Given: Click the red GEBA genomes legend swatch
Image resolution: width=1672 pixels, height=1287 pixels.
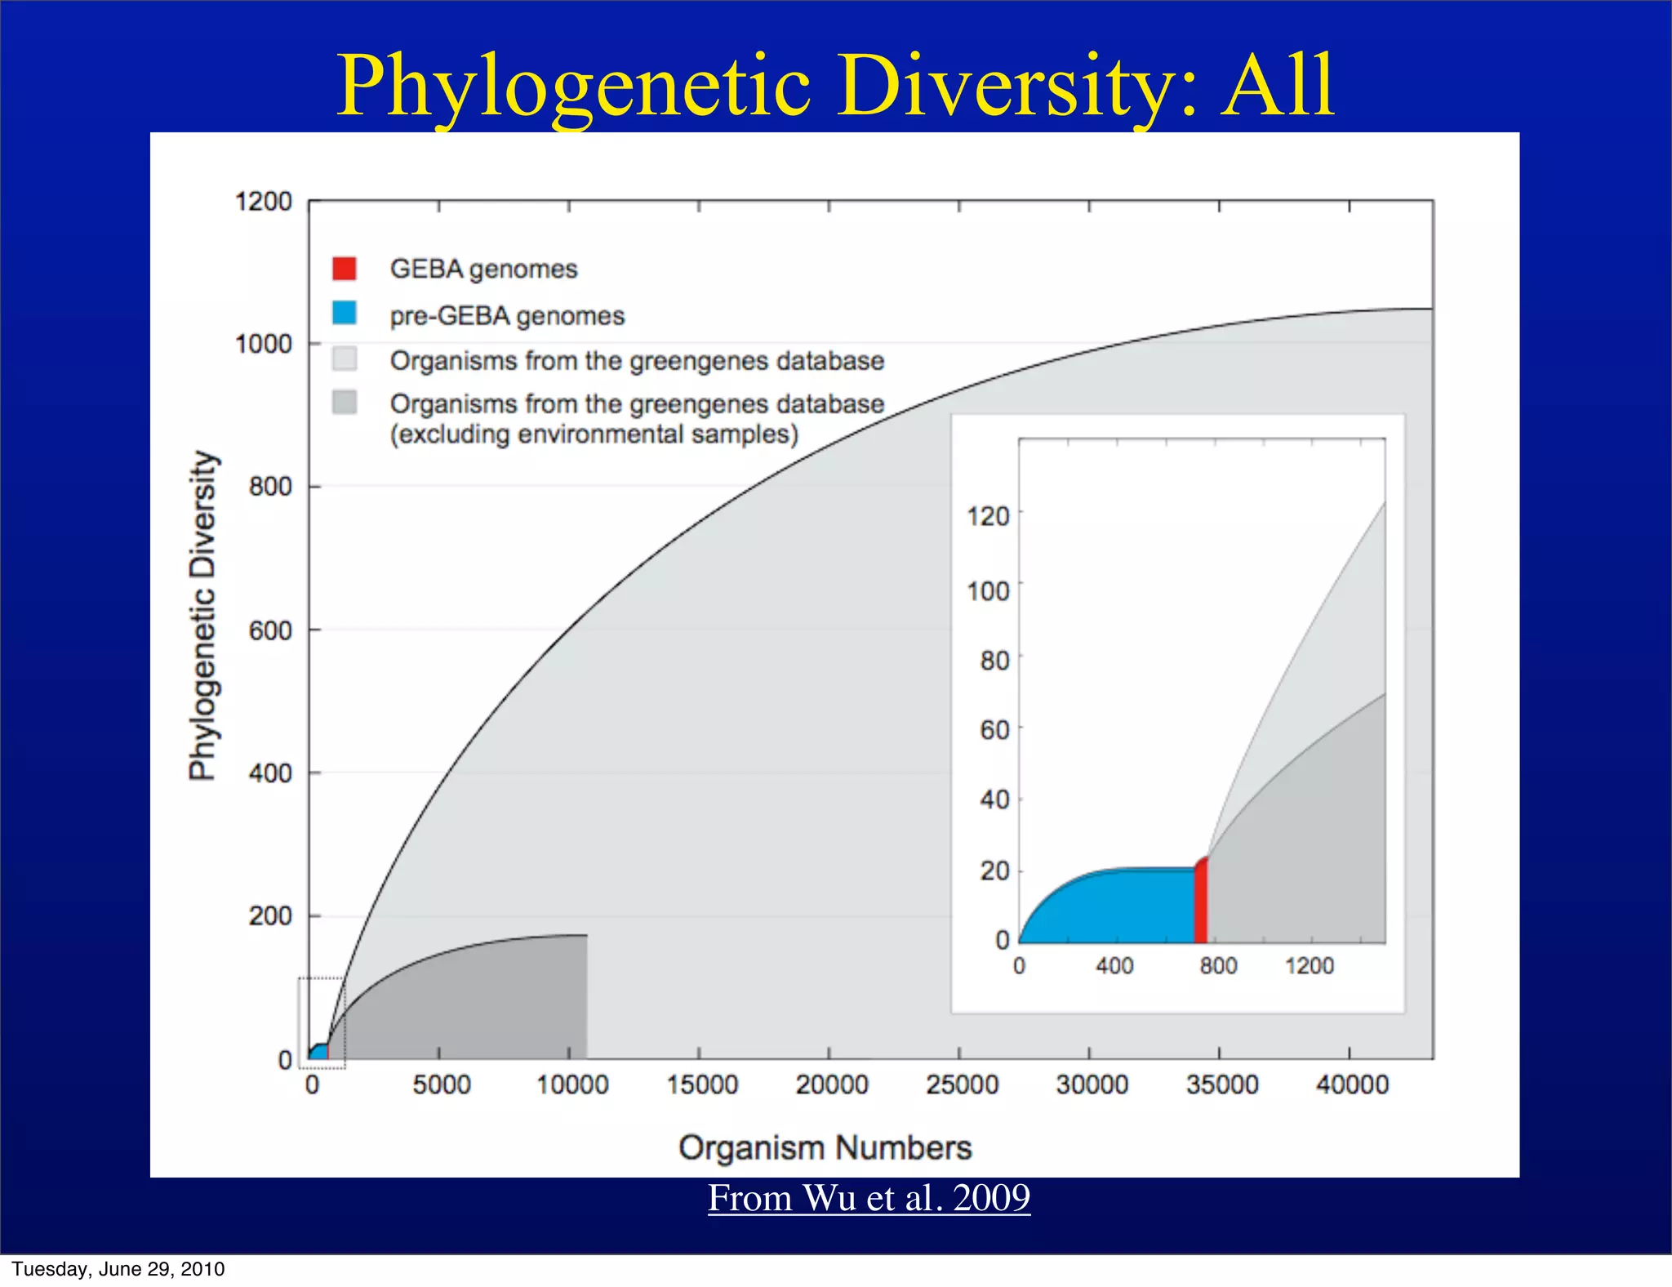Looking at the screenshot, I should [x=344, y=269].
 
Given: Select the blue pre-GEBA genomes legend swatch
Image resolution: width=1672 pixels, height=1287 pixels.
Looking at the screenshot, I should [x=344, y=314].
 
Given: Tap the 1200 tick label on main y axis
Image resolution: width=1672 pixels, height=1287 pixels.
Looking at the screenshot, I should [x=263, y=202].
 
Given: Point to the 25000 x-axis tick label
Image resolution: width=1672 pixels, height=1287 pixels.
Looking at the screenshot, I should [x=962, y=1085].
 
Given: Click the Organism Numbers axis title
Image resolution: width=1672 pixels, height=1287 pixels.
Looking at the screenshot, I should [x=825, y=1147].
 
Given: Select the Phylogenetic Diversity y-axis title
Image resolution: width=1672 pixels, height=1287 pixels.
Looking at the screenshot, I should [x=202, y=615].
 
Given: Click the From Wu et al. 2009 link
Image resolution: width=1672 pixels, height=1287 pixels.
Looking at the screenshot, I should [x=869, y=1198].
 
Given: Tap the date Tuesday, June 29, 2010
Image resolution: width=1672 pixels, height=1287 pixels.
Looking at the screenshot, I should [x=118, y=1269].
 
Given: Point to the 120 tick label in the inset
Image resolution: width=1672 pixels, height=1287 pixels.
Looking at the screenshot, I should [x=988, y=517].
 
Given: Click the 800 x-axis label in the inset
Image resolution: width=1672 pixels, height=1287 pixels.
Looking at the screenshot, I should [x=1218, y=966].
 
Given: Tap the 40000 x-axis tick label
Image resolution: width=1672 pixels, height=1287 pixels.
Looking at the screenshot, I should [x=1352, y=1085].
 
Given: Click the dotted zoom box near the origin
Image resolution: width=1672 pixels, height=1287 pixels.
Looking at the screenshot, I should [x=322, y=1022].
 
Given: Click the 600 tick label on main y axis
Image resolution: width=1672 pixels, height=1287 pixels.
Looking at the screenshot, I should [x=269, y=631].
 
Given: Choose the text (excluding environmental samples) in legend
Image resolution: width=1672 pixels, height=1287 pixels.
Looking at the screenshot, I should [x=594, y=434].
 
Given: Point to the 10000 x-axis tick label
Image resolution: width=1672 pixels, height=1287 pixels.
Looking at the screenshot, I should [x=572, y=1085].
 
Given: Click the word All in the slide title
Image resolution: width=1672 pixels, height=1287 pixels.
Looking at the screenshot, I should [x=1278, y=85].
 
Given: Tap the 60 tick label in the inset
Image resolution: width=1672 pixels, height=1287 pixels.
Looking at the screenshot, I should [x=994, y=729].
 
